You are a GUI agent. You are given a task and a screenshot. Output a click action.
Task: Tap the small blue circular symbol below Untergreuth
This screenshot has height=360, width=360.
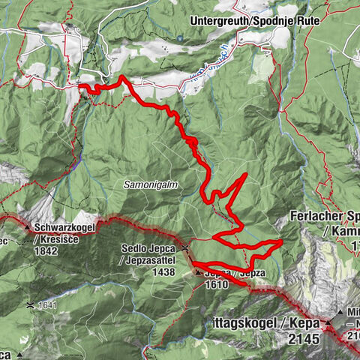tap(180, 37)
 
